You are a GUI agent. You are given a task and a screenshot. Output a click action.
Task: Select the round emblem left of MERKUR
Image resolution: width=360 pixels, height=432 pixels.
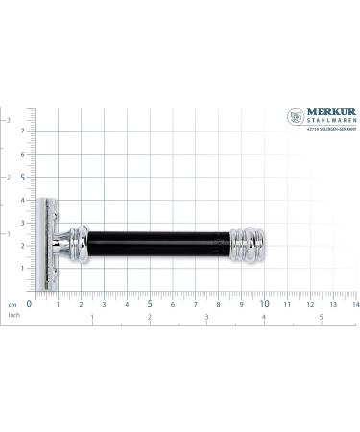pos(296,117)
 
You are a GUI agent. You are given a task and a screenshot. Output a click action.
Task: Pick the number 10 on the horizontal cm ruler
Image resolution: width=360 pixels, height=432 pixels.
pos(266,304)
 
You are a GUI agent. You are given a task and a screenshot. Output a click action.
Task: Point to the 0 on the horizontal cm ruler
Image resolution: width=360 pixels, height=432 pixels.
pos(29,304)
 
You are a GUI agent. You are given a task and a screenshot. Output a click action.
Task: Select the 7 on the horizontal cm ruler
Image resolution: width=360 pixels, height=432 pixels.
pos(196,304)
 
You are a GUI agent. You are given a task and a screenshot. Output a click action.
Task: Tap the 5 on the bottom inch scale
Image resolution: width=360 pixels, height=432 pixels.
pos(321,317)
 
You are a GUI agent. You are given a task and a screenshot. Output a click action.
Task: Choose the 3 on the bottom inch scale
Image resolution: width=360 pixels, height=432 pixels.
pos(206,317)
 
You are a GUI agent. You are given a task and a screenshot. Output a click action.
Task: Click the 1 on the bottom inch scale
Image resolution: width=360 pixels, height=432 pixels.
pos(91,317)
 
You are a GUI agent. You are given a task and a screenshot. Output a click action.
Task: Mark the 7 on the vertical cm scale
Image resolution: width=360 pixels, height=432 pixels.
pos(23,131)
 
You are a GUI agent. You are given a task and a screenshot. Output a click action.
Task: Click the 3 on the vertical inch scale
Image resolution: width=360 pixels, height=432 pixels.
pos(10,120)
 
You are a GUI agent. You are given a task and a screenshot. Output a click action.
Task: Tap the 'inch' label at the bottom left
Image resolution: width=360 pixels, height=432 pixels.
pos(13,314)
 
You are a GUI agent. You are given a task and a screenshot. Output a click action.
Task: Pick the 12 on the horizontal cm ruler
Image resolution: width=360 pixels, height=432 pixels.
pos(312,304)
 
